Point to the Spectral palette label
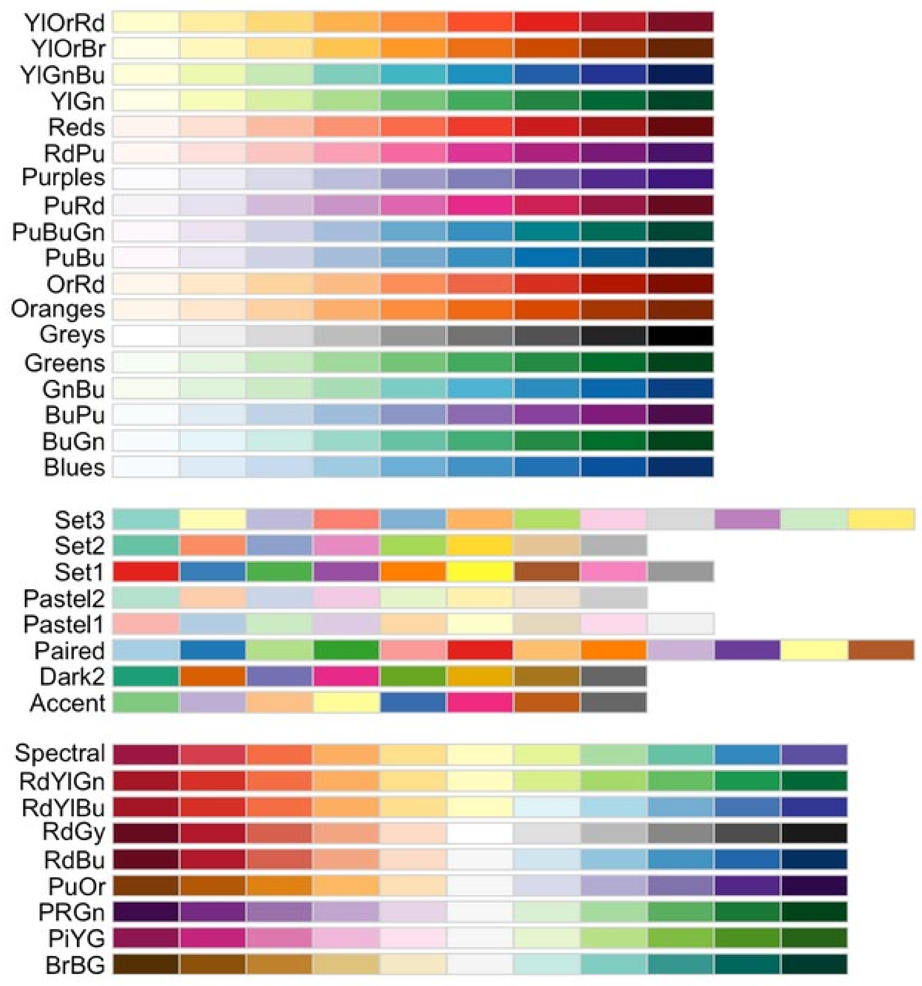point(60,753)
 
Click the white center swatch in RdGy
point(480,833)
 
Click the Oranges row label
point(58,309)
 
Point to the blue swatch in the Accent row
point(413,703)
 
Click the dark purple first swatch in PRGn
point(146,912)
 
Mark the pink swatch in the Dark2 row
point(346,676)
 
